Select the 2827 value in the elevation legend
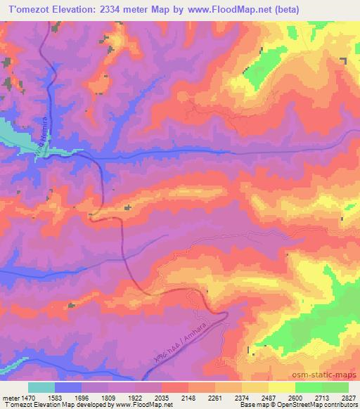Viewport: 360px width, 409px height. tap(347, 397)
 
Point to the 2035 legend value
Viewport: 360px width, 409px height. tap(162, 397)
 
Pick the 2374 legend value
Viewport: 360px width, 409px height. tap(241, 397)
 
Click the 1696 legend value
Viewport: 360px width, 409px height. tap(82, 397)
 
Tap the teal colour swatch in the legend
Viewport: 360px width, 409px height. tap(41, 387)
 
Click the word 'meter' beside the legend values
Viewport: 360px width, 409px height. tap(10, 397)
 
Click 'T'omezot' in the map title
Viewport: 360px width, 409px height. tap(29, 9)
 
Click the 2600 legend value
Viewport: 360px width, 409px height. tap(295, 397)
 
